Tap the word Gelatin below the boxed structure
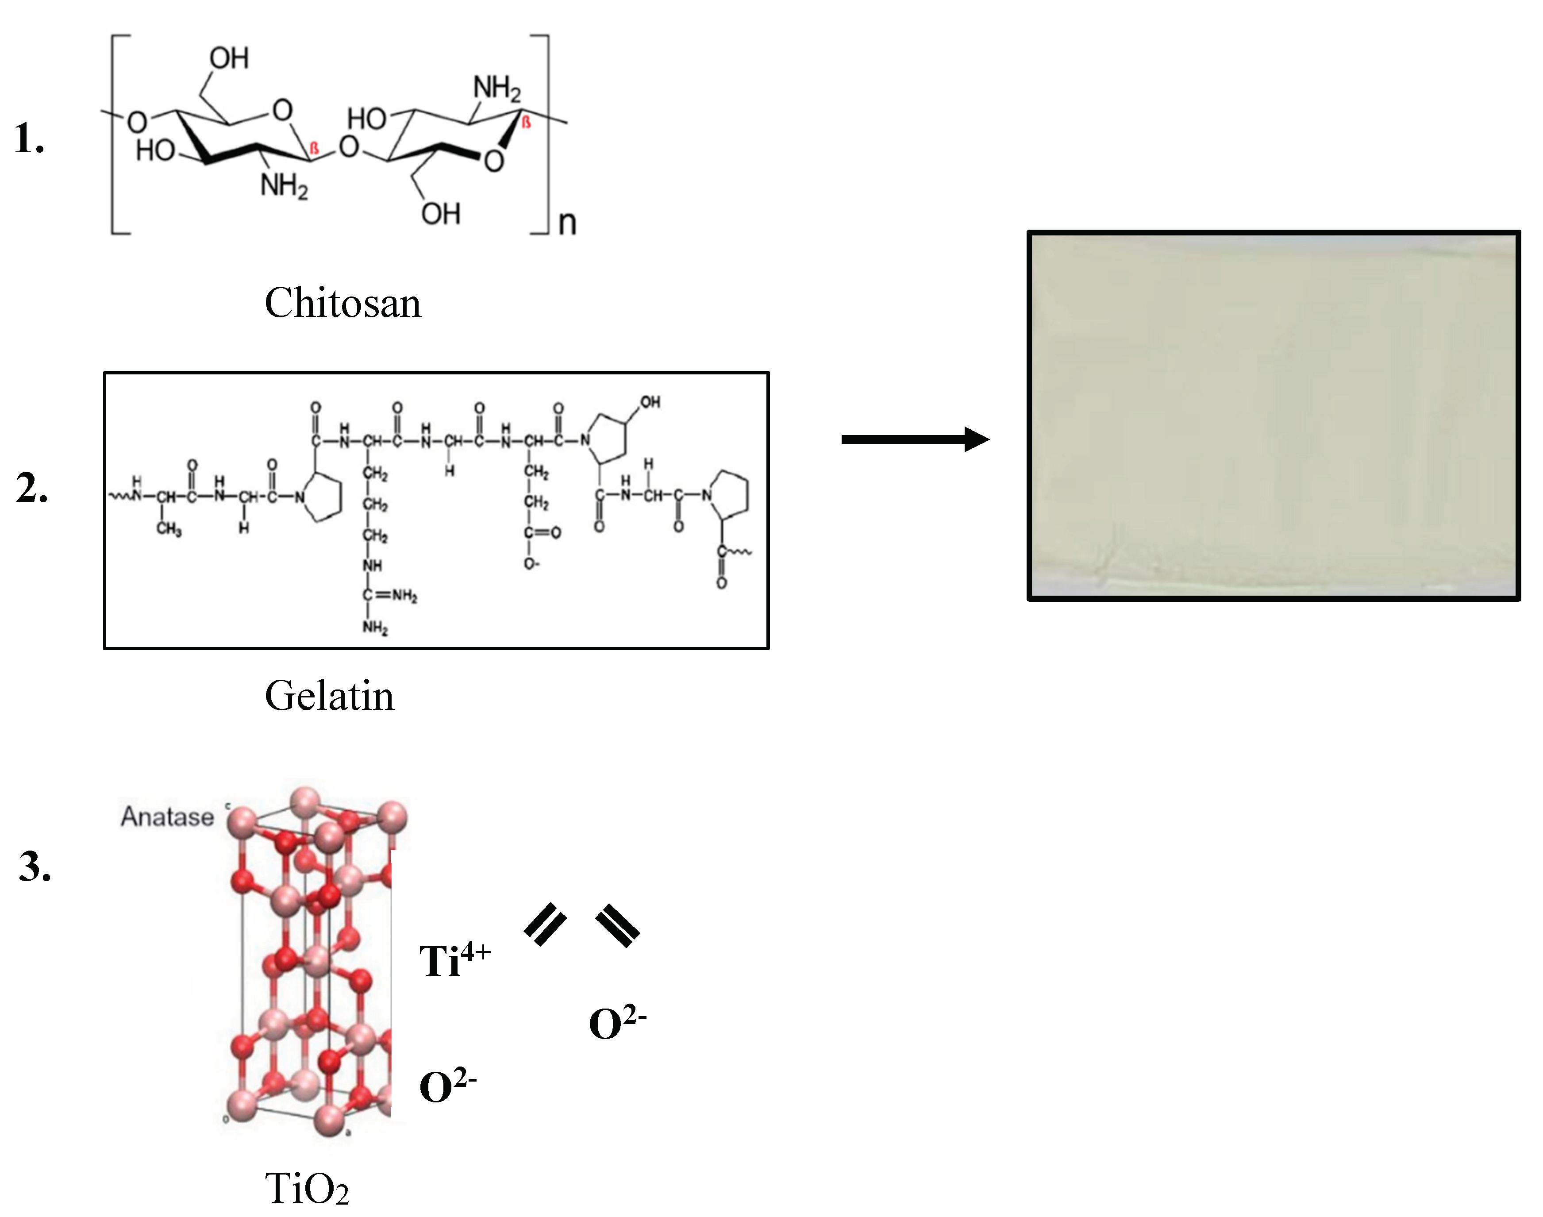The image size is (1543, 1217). [329, 696]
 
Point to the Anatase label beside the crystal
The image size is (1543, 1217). [167, 816]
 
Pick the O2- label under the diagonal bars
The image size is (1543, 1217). [617, 1024]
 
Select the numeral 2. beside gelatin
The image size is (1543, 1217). [32, 489]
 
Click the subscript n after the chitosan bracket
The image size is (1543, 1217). [567, 223]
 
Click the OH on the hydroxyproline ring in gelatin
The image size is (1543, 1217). [650, 403]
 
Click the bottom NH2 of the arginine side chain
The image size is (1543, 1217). [375, 628]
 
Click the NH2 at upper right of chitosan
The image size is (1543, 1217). [496, 89]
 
